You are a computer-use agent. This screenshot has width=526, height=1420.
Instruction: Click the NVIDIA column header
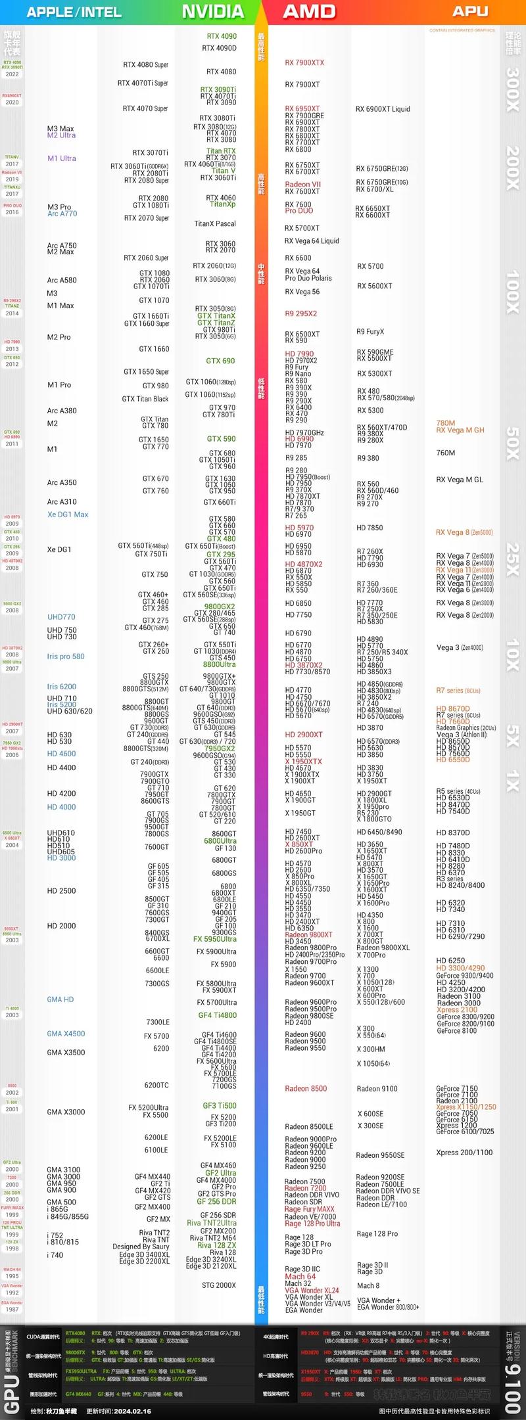pos(212,12)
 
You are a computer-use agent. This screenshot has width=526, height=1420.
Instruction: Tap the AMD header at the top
pos(309,12)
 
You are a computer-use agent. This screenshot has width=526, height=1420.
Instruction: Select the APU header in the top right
pos(470,11)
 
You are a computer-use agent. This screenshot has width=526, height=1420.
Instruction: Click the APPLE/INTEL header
pos(74,12)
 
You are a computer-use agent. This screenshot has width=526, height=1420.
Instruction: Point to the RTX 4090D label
pos(219,48)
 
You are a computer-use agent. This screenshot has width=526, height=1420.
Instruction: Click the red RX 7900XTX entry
pos(304,63)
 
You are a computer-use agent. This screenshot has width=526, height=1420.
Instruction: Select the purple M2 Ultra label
pos(61,135)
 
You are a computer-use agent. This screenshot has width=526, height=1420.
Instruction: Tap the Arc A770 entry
pos(62,214)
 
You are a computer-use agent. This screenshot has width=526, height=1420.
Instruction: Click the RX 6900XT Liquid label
pos(383,109)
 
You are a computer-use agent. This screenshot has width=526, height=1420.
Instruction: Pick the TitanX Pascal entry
pos(214,224)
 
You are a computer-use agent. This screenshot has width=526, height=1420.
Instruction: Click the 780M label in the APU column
pos(445,423)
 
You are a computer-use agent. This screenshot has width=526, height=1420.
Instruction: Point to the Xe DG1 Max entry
pos(67,515)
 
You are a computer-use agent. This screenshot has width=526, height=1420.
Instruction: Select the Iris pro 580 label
pos(66,656)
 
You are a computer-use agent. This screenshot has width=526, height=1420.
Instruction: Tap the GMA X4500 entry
pos(66,1034)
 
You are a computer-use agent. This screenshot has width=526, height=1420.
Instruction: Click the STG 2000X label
pos(218,1285)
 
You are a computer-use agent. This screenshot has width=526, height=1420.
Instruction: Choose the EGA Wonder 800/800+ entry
pos(388,1307)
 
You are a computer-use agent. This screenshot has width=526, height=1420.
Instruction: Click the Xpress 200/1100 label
pos(464,1153)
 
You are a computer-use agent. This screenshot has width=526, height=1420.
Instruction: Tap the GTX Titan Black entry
pos(145,399)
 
